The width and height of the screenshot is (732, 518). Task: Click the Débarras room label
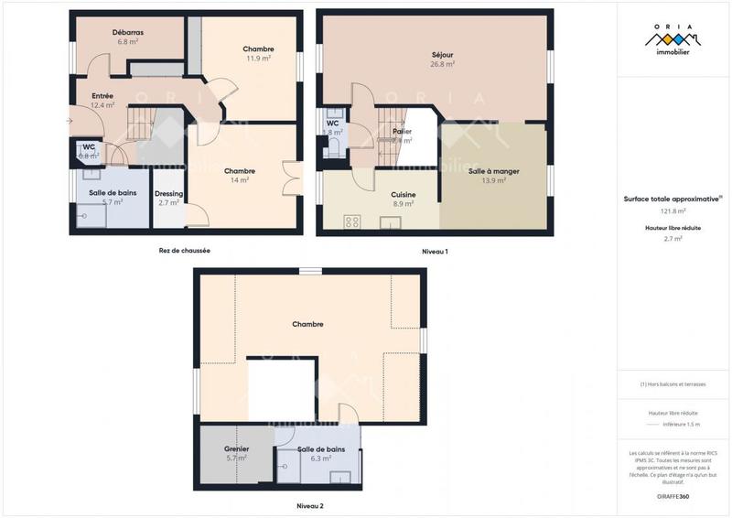[x=127, y=32]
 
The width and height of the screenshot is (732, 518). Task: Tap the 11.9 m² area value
[x=259, y=58]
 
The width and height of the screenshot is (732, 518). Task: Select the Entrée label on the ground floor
[x=102, y=95]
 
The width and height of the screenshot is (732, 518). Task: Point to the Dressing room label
[x=168, y=193]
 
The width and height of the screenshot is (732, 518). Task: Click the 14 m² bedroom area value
[x=240, y=180]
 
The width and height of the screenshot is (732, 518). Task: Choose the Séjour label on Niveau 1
[x=443, y=55]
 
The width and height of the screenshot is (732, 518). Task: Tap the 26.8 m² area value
[x=443, y=65]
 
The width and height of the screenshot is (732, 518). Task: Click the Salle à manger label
[x=494, y=171]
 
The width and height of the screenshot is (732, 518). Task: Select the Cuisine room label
[x=404, y=194]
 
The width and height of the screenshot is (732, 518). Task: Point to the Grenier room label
[x=237, y=448]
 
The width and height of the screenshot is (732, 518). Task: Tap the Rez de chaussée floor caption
[x=184, y=250]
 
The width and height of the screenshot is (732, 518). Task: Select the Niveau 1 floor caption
[x=435, y=251]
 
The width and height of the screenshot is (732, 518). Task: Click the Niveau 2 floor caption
[x=310, y=505]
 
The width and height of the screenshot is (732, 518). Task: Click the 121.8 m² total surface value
[x=673, y=210]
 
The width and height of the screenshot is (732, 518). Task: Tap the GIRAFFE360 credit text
[x=673, y=494]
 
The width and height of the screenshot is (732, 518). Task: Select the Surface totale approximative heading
[x=672, y=198]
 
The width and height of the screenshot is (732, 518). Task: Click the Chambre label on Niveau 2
[x=307, y=324]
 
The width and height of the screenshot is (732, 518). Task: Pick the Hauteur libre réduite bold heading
[x=673, y=228]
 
